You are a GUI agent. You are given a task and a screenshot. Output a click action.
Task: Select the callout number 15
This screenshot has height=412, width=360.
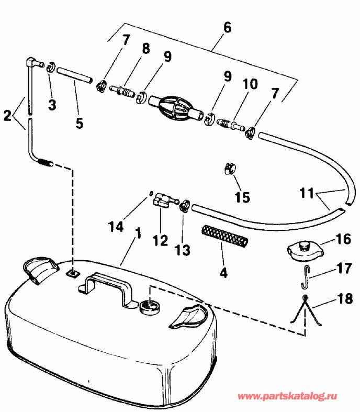242,197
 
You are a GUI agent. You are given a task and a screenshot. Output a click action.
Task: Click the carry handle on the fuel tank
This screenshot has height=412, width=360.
110,285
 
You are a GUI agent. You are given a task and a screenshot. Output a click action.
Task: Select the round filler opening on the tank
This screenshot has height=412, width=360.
149,305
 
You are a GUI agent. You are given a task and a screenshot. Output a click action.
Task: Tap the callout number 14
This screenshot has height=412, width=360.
116,226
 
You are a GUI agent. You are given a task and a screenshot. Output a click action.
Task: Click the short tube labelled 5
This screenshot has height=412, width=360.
73,76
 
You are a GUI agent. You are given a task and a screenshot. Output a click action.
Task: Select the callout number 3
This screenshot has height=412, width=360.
52,105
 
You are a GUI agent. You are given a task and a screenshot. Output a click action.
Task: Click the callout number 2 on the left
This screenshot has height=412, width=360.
7,115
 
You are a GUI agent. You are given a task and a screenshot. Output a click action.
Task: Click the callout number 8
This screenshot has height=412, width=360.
145,48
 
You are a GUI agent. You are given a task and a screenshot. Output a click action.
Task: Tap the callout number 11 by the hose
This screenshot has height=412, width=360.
309,193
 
